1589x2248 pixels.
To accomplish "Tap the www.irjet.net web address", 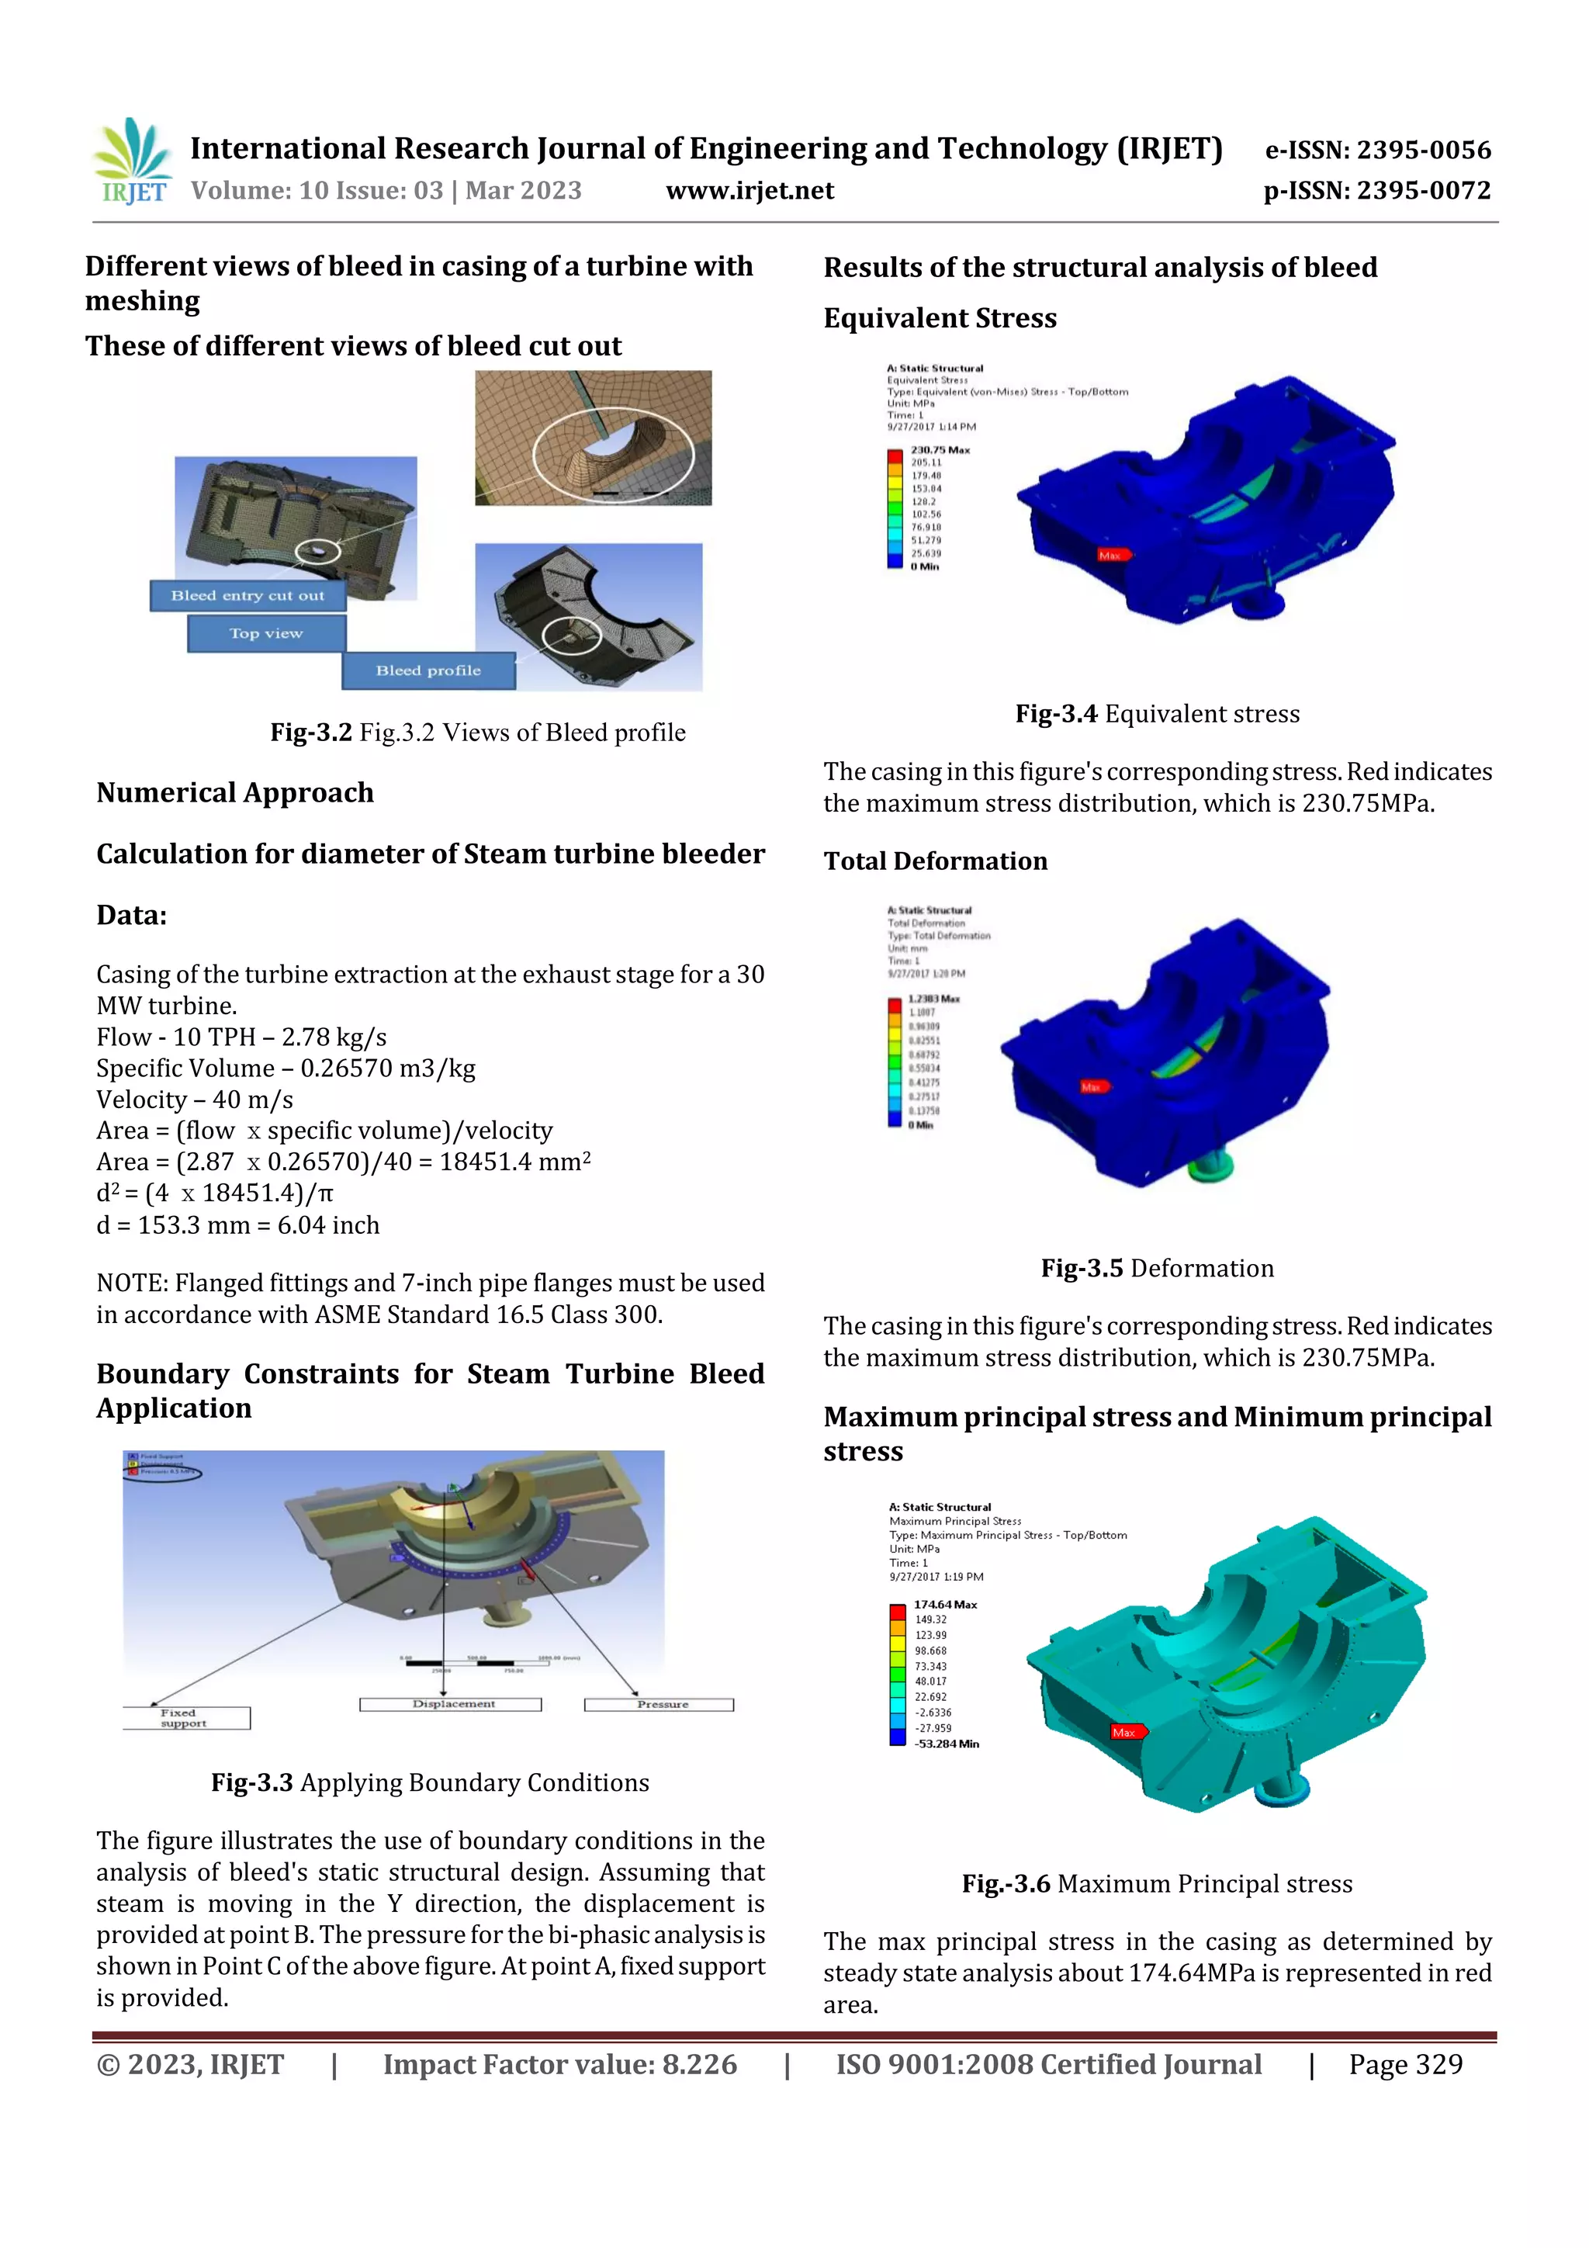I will tap(750, 191).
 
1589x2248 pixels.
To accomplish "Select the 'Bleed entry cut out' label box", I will tap(247, 595).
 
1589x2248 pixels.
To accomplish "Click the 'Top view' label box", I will tap(266, 633).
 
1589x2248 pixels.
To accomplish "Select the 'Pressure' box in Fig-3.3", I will tap(659, 1705).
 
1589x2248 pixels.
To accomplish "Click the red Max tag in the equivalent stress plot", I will tap(1111, 555).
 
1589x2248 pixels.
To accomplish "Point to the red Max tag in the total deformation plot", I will tap(1092, 1087).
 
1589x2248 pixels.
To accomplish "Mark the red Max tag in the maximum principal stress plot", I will tap(1125, 1732).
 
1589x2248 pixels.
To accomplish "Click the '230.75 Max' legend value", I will tap(939, 450).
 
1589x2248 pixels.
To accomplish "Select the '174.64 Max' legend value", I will tap(945, 1605).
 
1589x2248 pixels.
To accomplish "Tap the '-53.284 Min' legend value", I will tap(946, 1744).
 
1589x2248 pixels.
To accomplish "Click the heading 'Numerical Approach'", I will tap(235, 792).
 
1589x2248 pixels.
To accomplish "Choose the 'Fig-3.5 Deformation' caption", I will tap(1158, 1268).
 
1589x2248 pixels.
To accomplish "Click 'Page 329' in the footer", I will tap(1405, 2065).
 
